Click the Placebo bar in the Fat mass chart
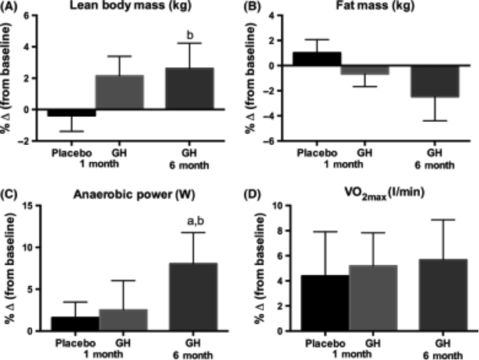316,58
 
